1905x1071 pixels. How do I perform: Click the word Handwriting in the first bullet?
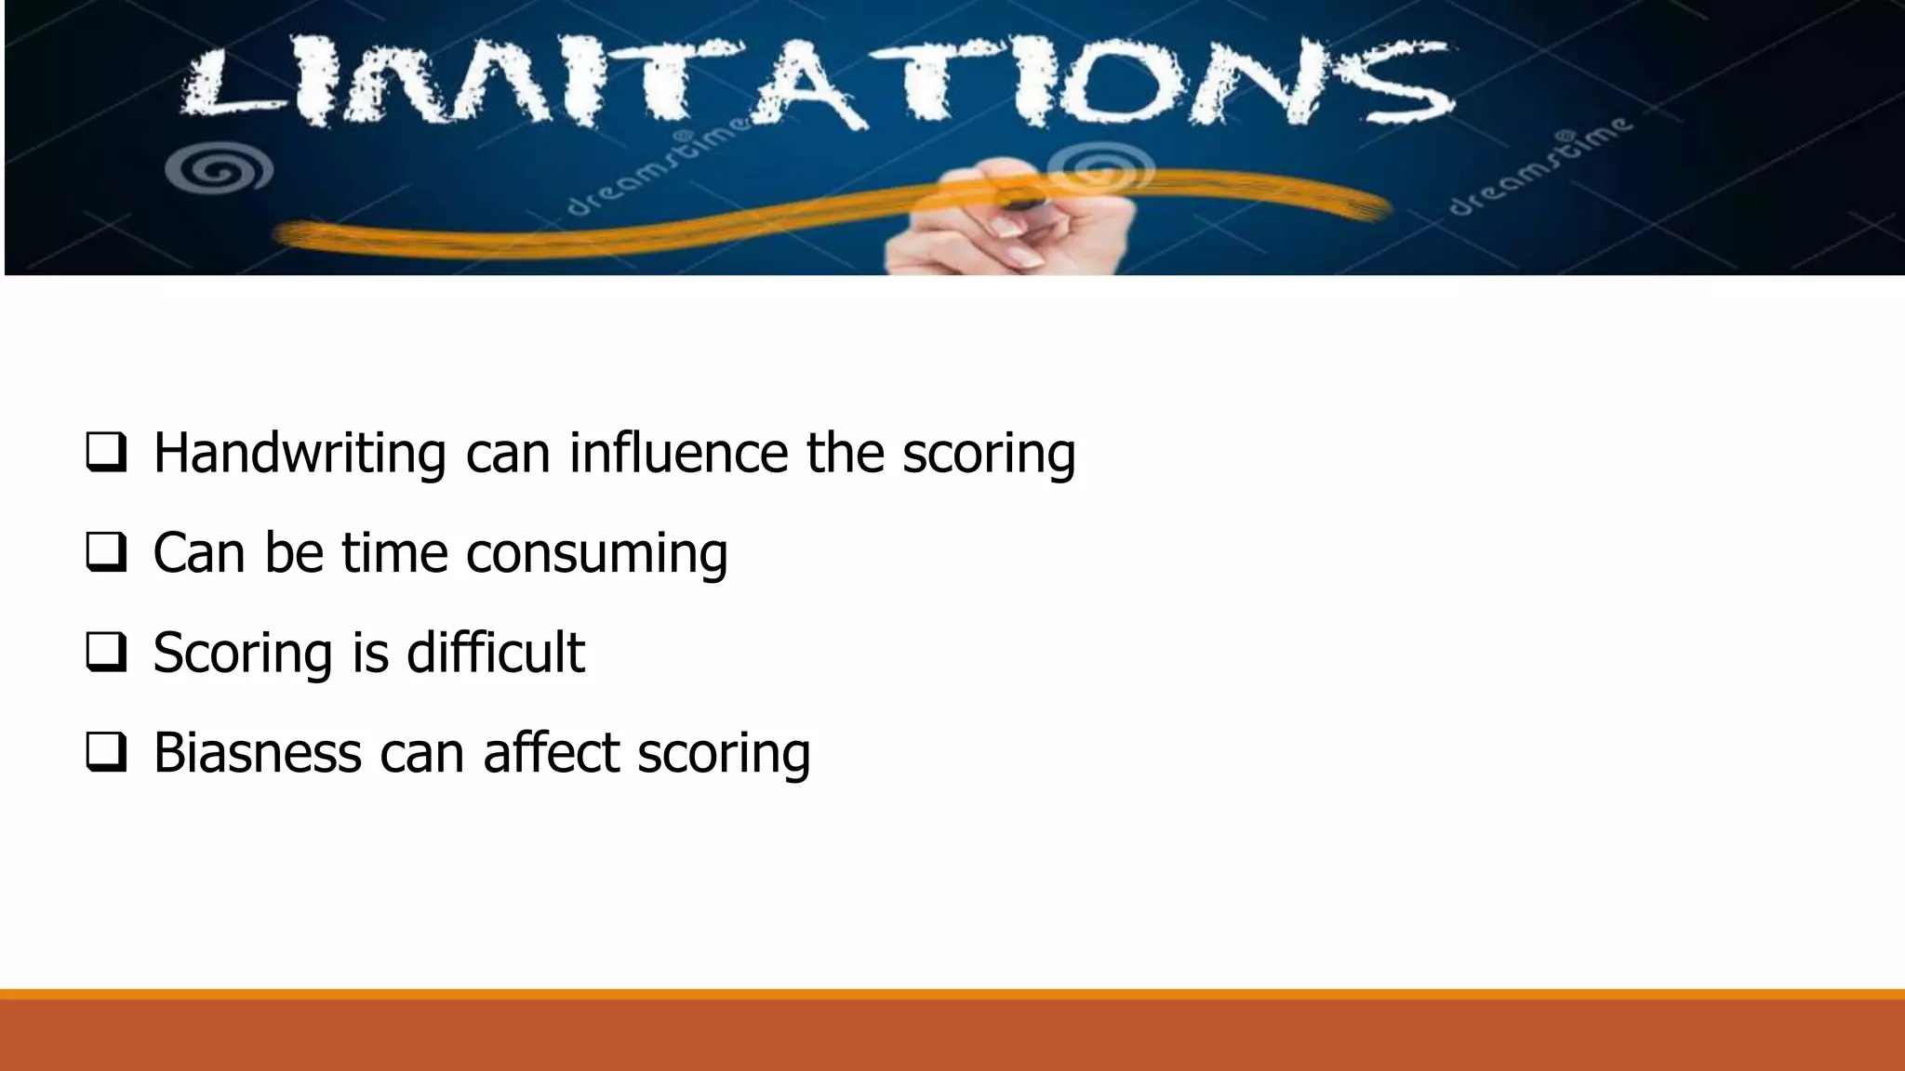tap(300, 454)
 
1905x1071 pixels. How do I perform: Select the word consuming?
tap(596, 554)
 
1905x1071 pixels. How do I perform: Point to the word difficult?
tap(496, 652)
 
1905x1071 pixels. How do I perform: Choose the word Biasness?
tap(257, 752)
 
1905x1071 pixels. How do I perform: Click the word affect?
tap(551, 752)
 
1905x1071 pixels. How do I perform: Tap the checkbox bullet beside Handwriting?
tap(106, 454)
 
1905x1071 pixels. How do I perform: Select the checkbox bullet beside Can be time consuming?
tap(106, 553)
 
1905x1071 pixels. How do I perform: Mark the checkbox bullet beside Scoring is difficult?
tap(106, 653)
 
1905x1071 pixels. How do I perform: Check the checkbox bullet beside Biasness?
tap(106, 752)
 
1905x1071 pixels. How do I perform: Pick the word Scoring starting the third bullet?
tap(243, 654)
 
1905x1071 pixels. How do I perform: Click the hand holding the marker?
tap(1014, 223)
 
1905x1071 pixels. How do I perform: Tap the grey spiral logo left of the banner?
tap(220, 170)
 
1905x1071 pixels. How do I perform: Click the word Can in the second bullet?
tap(198, 553)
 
